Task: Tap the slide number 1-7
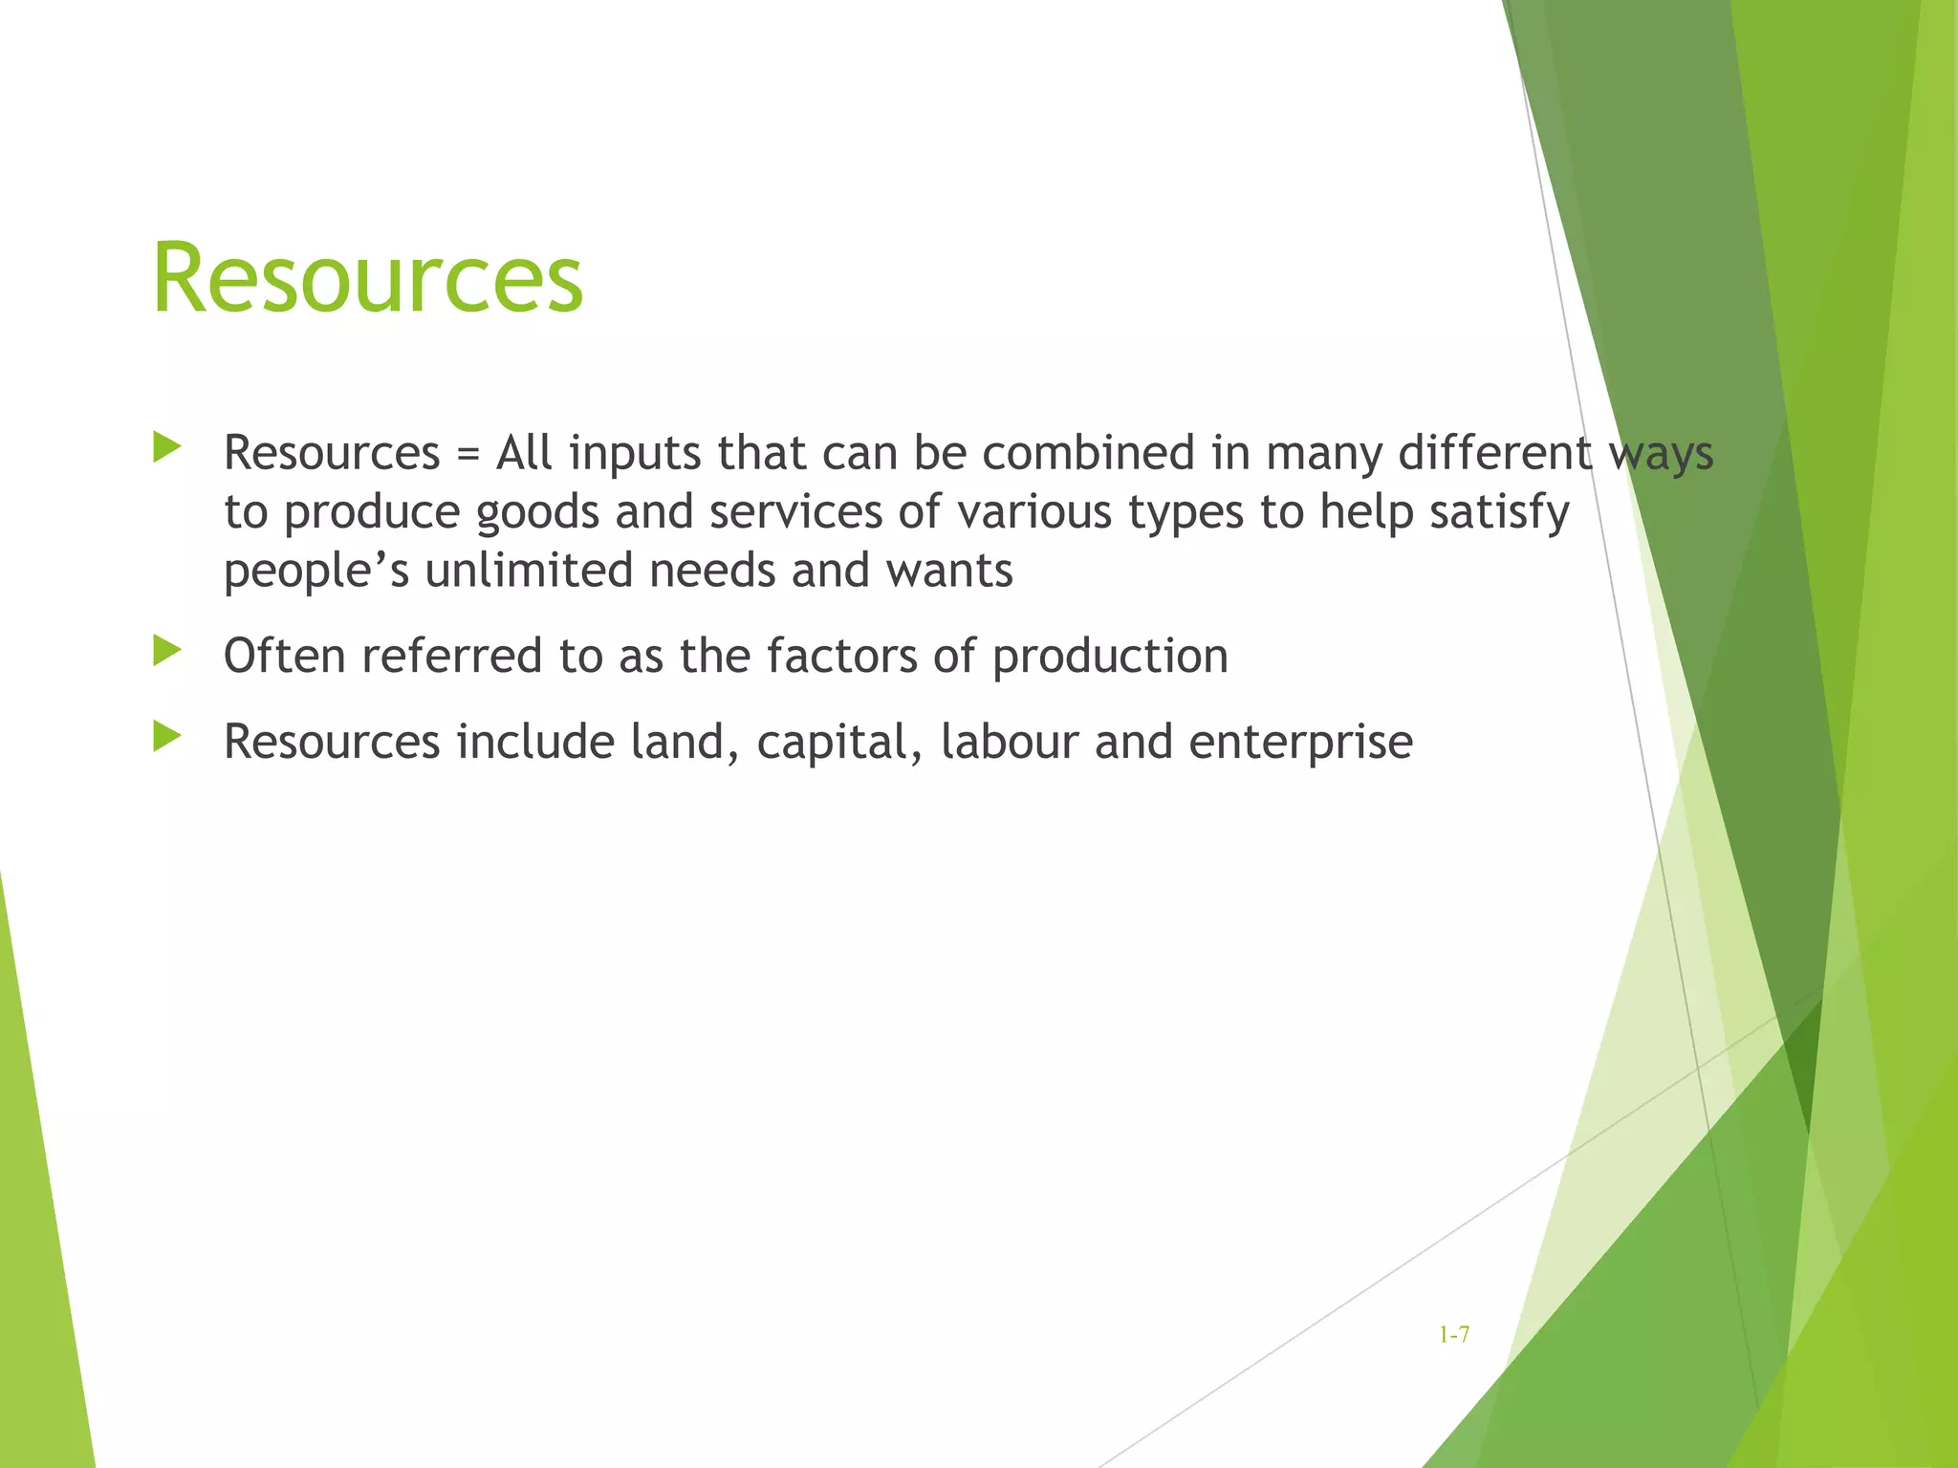click(1454, 1334)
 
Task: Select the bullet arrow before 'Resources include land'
click(166, 737)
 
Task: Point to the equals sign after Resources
click(467, 453)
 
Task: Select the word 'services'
click(795, 511)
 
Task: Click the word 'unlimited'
click(529, 571)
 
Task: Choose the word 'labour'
click(1009, 742)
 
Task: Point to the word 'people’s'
click(316, 572)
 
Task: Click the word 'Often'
click(284, 656)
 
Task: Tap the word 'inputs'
click(635, 454)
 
